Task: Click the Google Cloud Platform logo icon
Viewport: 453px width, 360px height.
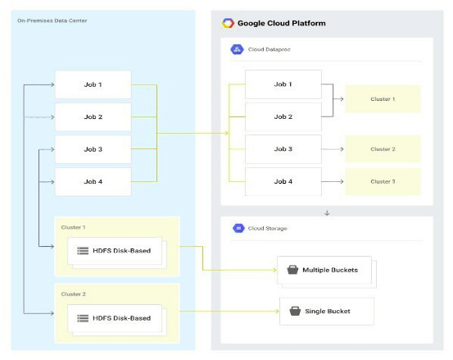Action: tap(229, 23)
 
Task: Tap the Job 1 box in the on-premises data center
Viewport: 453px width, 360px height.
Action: tap(93, 84)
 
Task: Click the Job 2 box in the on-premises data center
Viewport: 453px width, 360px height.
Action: tap(93, 116)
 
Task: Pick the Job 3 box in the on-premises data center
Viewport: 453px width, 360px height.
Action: tap(93, 148)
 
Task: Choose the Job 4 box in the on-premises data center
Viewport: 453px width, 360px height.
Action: tap(93, 180)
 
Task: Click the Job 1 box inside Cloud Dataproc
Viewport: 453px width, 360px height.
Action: tap(283, 84)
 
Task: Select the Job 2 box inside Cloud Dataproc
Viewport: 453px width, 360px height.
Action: tap(283, 116)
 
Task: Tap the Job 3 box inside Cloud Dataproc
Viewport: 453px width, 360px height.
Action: tap(283, 148)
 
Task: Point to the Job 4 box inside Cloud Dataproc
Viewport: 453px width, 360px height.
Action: tap(283, 180)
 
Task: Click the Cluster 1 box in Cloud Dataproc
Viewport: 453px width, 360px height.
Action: tap(382, 98)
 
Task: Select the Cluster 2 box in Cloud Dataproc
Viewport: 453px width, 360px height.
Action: tap(382, 148)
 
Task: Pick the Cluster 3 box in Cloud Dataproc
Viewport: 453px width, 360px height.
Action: tap(382, 180)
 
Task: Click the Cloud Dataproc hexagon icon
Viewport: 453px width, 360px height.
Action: tap(236, 49)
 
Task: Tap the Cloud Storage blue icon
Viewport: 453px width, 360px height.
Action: tap(238, 228)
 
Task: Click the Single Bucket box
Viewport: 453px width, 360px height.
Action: tap(327, 311)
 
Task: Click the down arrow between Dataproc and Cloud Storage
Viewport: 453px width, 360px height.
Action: tap(328, 212)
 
